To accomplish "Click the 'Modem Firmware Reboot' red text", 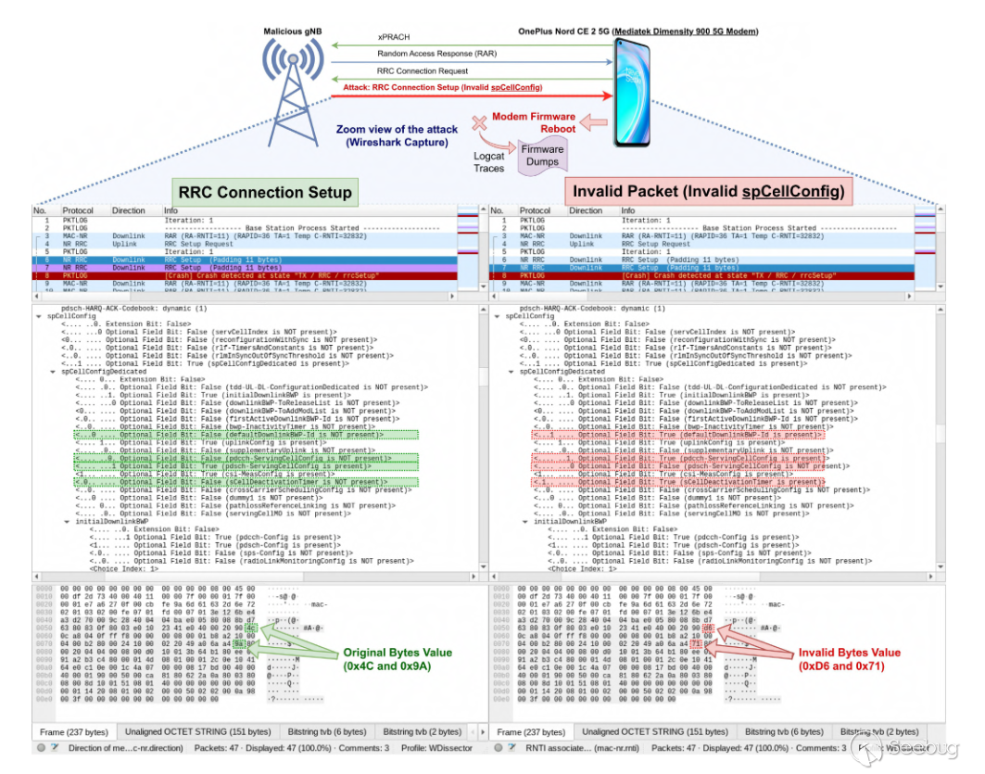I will [546, 122].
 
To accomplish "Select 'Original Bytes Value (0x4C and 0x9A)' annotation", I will [396, 658].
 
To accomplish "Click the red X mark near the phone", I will [479, 122].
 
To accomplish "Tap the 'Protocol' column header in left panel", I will [78, 210].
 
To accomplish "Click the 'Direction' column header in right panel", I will [585, 210].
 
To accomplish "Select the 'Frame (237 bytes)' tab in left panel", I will [72, 731].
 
